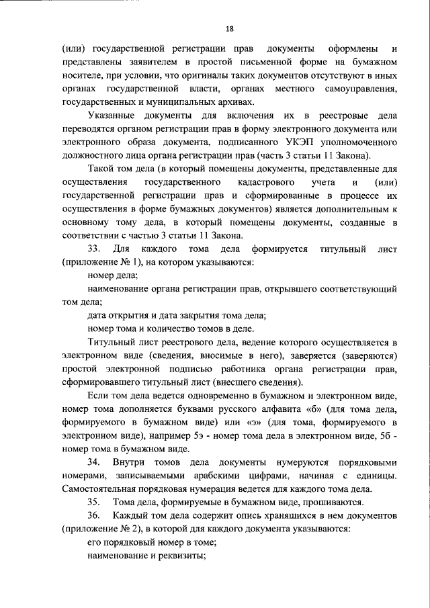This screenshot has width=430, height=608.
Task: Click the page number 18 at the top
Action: click(x=229, y=29)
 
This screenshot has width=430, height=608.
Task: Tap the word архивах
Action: click(x=234, y=102)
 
